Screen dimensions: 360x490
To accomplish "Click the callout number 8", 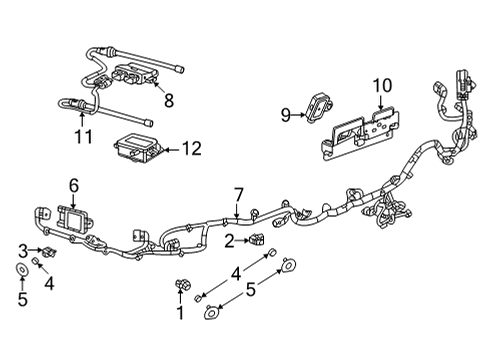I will [x=169, y=99].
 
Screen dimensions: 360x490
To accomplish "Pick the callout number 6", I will [x=73, y=185].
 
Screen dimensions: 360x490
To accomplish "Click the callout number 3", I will [x=22, y=249].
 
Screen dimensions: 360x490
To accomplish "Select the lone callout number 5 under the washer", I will [x=21, y=297].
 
